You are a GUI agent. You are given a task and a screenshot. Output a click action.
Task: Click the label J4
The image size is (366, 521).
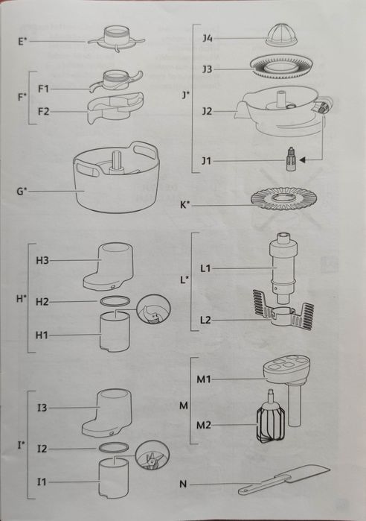coord(208,38)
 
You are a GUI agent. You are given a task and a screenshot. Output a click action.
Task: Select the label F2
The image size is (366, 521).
coord(43,111)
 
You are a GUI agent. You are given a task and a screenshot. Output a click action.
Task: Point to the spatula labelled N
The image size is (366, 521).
coord(284,480)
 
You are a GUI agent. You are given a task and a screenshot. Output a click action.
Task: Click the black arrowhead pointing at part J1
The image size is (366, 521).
coord(302,160)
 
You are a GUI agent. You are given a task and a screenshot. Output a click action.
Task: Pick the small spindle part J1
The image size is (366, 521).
coord(290,159)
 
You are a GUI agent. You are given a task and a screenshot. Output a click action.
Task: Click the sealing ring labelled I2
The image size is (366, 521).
coord(113,447)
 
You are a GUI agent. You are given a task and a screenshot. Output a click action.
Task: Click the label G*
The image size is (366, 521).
coord(22,191)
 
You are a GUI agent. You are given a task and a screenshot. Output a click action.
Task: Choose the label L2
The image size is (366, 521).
coord(205,321)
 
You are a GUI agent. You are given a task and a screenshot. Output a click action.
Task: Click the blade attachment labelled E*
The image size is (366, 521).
coord(116,40)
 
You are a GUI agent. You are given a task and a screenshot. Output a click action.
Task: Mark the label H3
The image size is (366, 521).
coord(42,260)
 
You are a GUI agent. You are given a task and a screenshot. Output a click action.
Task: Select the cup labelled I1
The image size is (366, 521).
coord(113,478)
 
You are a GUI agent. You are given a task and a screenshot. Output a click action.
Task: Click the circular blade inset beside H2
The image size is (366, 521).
coord(154,310)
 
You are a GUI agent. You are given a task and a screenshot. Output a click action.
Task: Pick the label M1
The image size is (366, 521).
coord(204,379)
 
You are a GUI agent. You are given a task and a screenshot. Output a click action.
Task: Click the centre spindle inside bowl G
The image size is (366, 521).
coord(116,162)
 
